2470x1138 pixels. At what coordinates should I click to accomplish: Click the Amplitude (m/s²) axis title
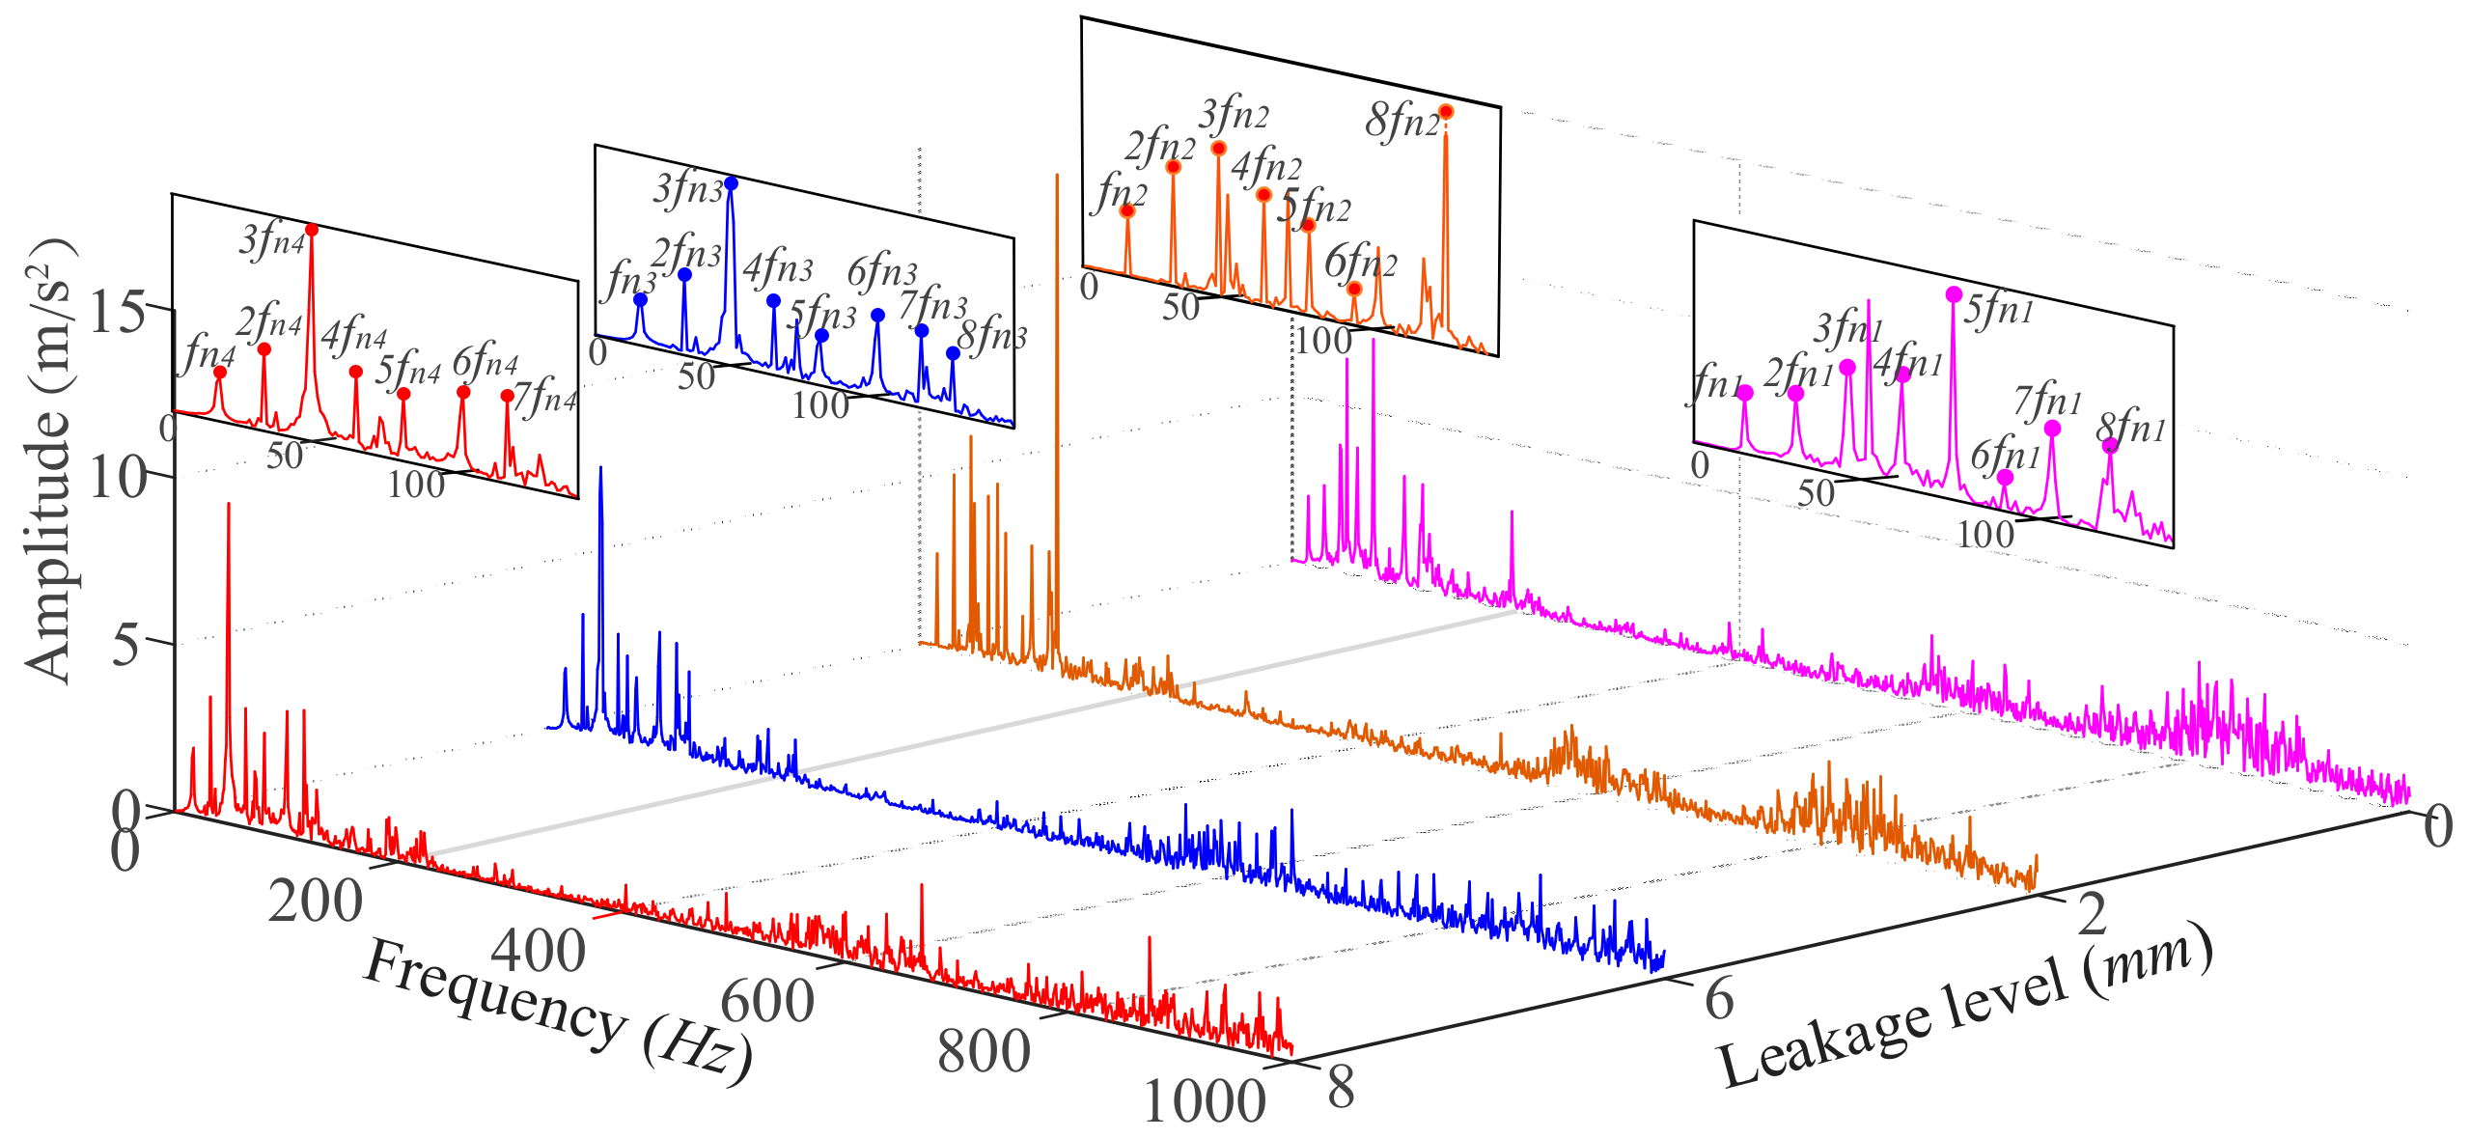[48, 461]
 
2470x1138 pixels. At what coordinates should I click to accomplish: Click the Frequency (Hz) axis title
[557, 1013]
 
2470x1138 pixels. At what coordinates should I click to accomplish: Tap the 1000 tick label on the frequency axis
[1203, 1100]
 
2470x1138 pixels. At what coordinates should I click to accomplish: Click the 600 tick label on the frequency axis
[767, 1001]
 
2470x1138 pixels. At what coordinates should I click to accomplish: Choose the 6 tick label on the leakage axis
[1718, 998]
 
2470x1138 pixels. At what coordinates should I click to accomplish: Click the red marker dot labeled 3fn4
[312, 230]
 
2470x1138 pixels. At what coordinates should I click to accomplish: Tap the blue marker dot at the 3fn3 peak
[731, 183]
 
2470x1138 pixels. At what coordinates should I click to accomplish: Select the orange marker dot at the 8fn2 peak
[1445, 112]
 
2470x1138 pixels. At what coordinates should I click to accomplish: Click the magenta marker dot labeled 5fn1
[1954, 294]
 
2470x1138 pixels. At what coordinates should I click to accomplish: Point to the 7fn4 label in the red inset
[545, 397]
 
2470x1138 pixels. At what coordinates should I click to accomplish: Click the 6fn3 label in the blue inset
[882, 272]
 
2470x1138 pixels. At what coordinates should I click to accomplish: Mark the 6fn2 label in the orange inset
[1360, 261]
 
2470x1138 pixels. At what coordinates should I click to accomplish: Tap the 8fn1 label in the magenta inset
[2131, 426]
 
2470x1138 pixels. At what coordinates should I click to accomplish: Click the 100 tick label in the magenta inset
[1984, 534]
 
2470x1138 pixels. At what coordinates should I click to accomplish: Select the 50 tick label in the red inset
[285, 456]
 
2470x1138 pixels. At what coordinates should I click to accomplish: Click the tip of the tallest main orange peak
[1057, 175]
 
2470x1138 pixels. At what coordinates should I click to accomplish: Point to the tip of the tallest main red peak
[229, 503]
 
